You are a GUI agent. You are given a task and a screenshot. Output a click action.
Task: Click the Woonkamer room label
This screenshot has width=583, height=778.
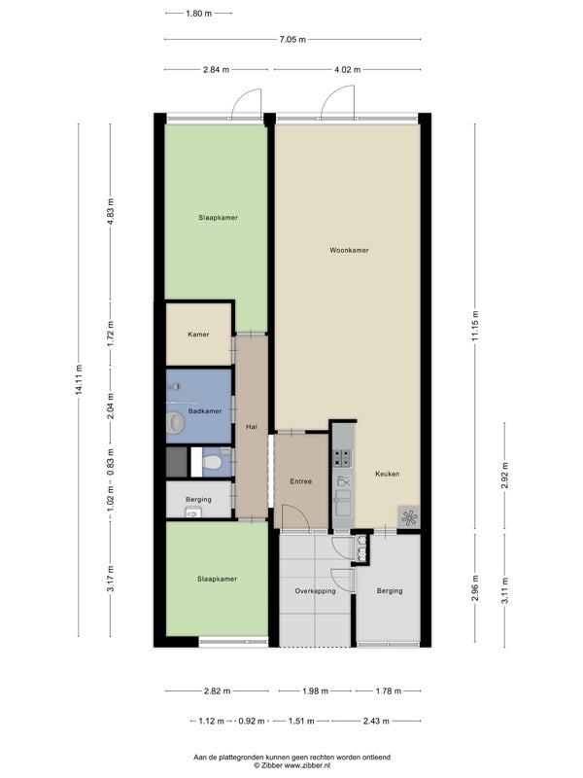[349, 251]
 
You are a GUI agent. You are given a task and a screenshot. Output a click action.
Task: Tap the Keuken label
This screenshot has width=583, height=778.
[387, 474]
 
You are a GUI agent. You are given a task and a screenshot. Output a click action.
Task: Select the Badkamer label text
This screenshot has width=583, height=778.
[205, 411]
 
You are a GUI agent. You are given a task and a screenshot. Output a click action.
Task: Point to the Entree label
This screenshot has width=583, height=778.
[301, 481]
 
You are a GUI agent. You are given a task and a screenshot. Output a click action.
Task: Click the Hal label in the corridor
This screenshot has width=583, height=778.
[252, 427]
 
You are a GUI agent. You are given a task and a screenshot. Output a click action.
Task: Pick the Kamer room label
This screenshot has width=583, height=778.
[198, 335]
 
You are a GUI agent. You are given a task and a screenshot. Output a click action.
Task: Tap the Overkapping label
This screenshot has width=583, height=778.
[315, 591]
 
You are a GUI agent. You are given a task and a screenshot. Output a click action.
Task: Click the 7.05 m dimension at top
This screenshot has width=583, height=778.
[292, 39]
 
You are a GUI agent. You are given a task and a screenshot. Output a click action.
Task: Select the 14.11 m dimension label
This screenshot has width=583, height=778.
[79, 379]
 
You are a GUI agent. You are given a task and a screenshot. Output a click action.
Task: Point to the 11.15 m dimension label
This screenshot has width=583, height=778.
[475, 326]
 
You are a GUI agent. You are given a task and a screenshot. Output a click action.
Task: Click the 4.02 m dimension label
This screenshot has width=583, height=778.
[347, 69]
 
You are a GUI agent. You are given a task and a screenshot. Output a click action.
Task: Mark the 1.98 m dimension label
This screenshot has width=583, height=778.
[315, 690]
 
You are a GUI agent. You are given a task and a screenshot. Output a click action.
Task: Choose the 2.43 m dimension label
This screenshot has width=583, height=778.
[376, 721]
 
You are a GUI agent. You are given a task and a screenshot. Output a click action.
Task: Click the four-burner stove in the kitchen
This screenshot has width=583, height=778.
[342, 458]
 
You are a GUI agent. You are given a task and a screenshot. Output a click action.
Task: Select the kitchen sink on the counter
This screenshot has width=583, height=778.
[343, 503]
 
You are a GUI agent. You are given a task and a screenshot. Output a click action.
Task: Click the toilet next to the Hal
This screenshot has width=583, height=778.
[213, 463]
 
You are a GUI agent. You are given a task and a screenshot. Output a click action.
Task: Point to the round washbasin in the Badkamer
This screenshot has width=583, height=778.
[176, 422]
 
